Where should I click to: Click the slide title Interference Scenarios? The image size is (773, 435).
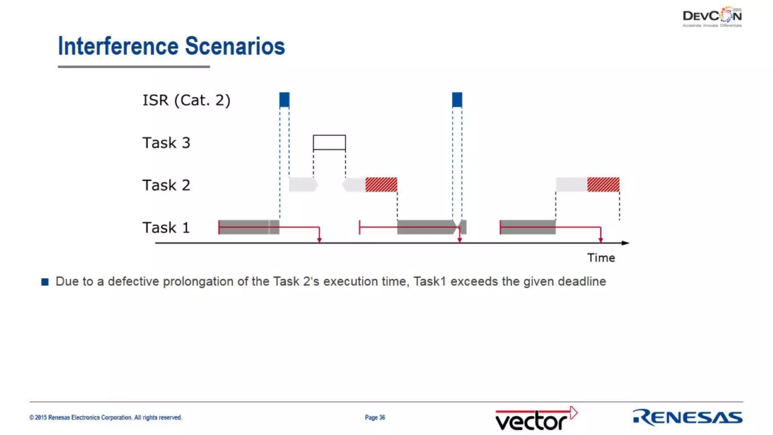click(x=171, y=46)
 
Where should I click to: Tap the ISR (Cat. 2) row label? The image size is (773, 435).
click(x=186, y=100)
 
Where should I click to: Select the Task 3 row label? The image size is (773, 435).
click(x=166, y=143)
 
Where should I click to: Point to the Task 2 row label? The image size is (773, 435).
click(x=166, y=185)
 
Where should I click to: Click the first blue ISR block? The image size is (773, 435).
click(x=284, y=100)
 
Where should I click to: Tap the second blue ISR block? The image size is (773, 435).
click(x=457, y=100)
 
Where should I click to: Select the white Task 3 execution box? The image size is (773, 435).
click(x=329, y=142)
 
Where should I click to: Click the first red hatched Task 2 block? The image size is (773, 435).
click(x=381, y=185)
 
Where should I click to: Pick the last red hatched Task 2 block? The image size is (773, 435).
click(x=603, y=185)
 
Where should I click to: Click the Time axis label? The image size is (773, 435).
click(x=601, y=258)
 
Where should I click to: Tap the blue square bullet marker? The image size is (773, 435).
click(x=45, y=282)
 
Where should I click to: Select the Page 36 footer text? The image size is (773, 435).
click(x=375, y=418)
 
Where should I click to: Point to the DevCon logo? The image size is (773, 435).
click(x=712, y=17)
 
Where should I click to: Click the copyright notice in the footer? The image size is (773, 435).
click(x=106, y=418)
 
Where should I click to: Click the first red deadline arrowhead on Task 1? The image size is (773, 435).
click(x=319, y=239)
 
